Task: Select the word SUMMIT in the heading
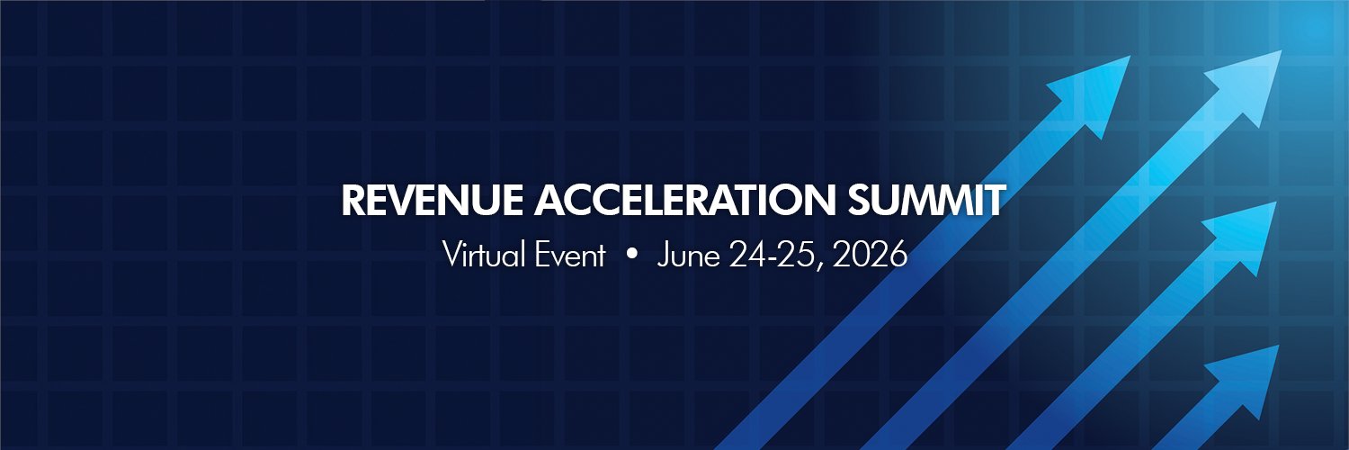coord(926,202)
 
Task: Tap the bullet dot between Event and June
coord(631,256)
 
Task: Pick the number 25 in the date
coord(792,256)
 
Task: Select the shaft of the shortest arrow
coord(1187,423)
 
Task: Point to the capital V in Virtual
coord(451,256)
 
